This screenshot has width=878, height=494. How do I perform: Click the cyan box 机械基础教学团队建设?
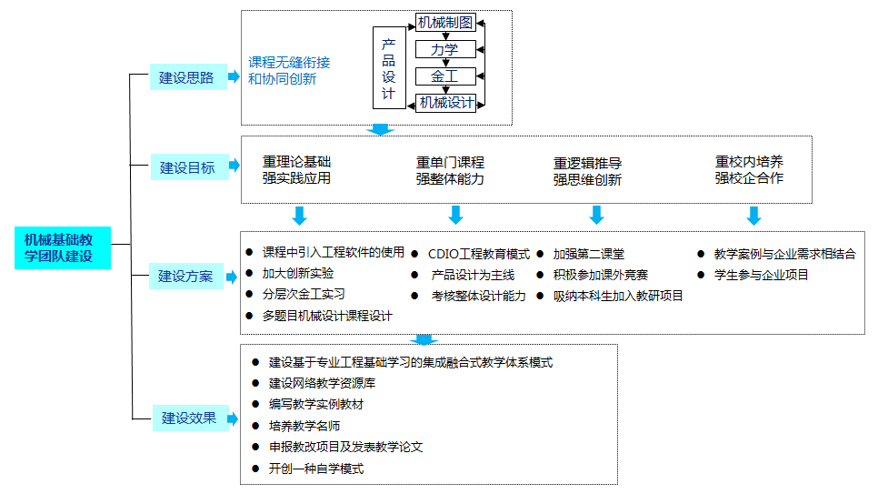(63, 247)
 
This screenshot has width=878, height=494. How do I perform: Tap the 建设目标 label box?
(189, 167)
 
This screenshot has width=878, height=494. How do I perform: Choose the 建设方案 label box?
(186, 276)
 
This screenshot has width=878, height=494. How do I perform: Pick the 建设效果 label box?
(190, 418)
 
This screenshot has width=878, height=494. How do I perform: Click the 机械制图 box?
(445, 23)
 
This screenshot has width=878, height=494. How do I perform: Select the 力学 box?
(445, 49)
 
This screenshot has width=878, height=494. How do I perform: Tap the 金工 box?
(445, 76)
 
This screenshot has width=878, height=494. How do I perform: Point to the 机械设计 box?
(445, 103)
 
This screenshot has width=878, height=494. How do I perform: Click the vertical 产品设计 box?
(389, 68)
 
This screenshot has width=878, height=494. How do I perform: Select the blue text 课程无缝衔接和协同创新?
(289, 71)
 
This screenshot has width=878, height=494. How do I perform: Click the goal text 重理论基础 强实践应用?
(297, 170)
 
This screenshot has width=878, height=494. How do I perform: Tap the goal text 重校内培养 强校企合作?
(749, 170)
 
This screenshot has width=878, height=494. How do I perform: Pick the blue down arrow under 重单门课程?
(455, 215)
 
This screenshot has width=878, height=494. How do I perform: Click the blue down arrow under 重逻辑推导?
(597, 215)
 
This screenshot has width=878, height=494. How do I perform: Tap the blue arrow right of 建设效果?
(233, 418)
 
